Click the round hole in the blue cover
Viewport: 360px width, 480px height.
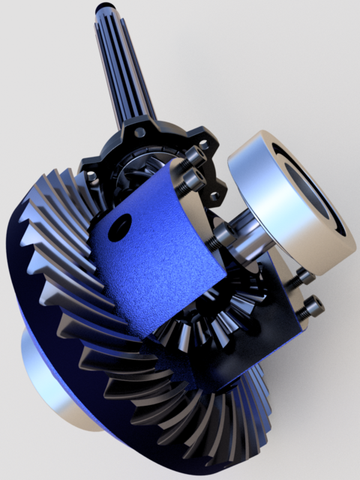(119, 226)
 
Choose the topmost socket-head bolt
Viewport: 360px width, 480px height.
(196, 156)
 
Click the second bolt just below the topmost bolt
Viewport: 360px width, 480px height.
(192, 179)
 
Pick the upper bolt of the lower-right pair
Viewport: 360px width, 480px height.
(301, 278)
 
